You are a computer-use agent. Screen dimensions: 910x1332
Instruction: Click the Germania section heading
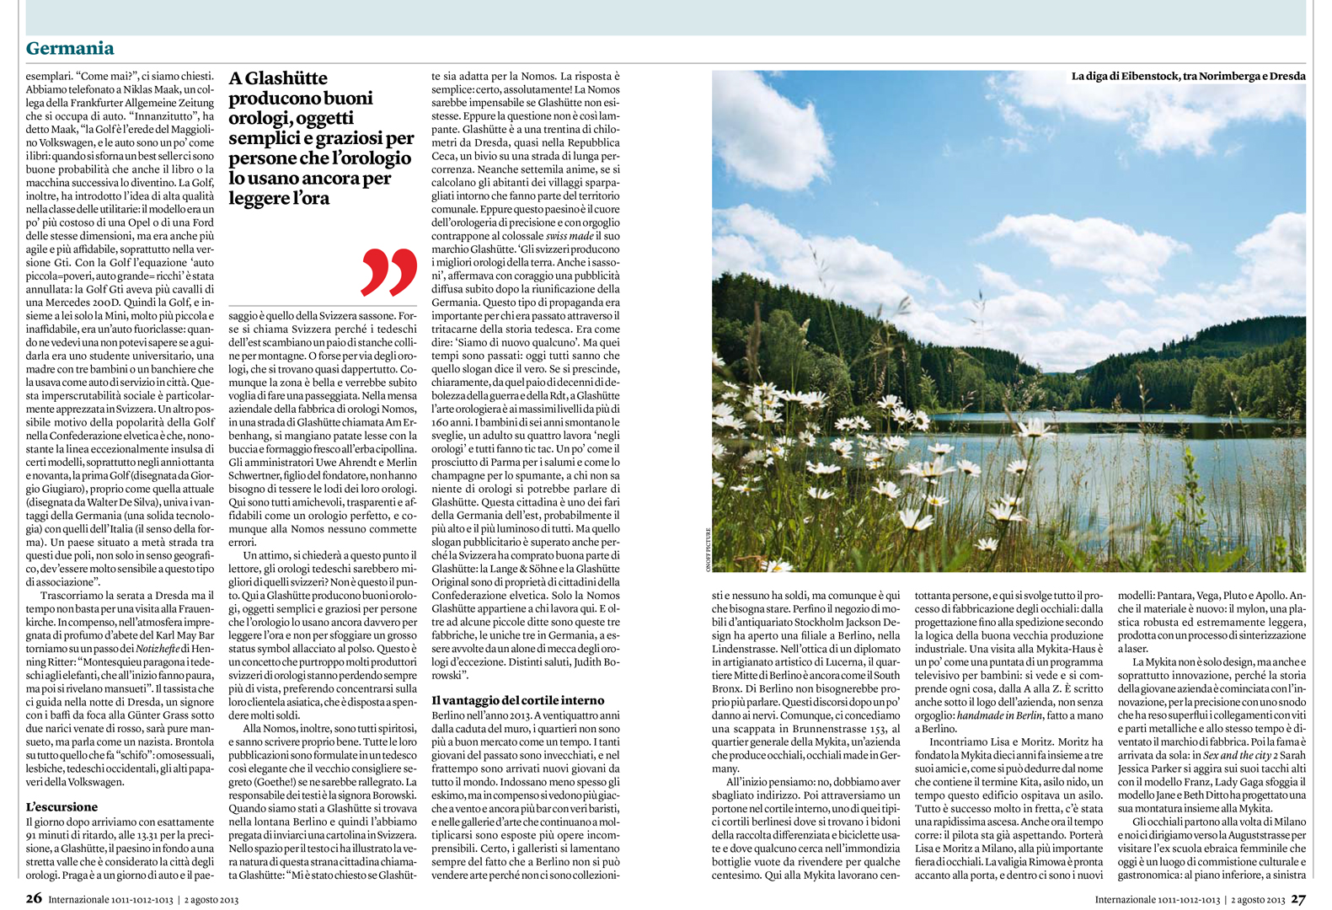[70, 48]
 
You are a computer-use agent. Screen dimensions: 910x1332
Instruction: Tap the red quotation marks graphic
[389, 271]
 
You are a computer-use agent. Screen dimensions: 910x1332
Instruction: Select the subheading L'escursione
[62, 806]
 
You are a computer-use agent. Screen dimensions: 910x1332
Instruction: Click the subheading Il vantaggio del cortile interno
[517, 700]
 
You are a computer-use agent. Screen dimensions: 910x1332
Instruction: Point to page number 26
[33, 898]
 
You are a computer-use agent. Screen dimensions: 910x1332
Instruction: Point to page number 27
[1297, 898]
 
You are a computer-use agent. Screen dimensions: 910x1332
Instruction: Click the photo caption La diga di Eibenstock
[1188, 76]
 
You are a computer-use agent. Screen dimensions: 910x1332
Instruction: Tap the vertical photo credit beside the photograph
[708, 549]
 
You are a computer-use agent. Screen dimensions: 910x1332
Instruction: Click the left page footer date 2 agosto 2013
[212, 899]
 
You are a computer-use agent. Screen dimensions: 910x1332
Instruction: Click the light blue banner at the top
[666, 17]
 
